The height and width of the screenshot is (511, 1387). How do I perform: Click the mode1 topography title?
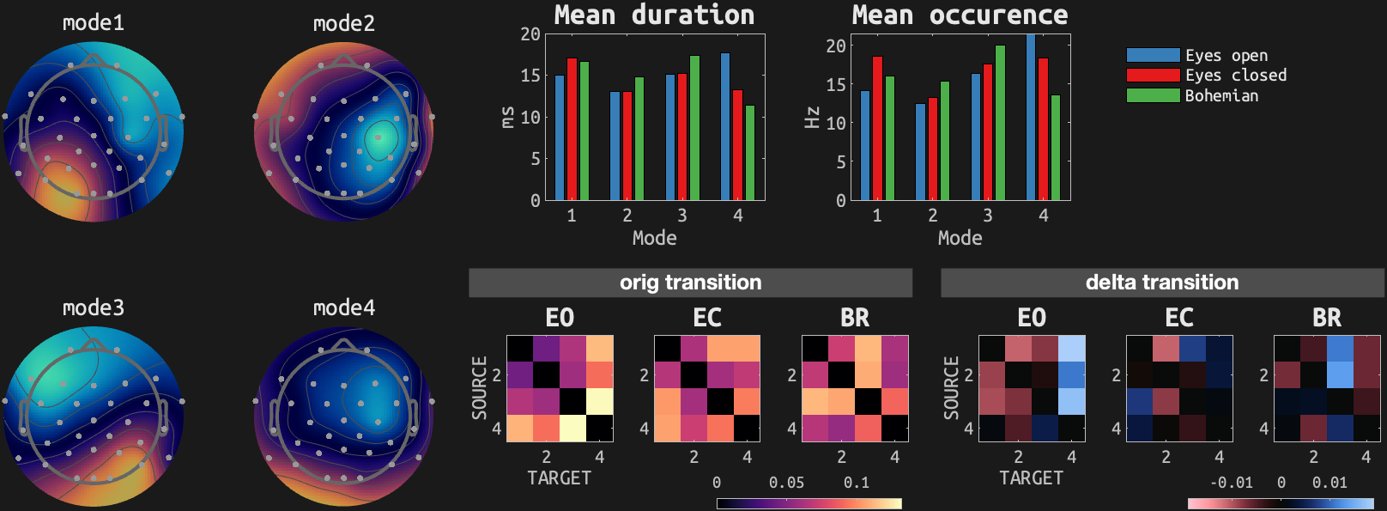coord(93,23)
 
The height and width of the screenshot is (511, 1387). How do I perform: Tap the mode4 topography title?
coord(343,307)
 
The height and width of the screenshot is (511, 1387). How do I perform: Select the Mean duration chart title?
coord(654,15)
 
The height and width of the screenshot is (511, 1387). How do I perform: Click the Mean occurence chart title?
coord(960,15)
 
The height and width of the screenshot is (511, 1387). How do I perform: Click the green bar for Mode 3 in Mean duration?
coord(694,128)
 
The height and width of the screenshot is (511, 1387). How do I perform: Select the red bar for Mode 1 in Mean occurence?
coord(877,128)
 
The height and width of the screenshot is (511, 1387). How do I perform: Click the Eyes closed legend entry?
coord(1235,76)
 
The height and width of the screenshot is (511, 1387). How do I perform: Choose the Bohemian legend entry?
coord(1221,96)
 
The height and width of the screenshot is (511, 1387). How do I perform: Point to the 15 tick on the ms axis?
coord(530,76)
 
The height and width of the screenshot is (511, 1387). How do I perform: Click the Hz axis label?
coord(812,118)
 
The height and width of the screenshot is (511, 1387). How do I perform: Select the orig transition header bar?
coord(690,283)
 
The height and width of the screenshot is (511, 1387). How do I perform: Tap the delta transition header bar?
coord(1162,283)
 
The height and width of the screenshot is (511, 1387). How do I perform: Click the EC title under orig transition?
coord(707,318)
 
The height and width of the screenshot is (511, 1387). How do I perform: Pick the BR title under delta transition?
coord(1326,318)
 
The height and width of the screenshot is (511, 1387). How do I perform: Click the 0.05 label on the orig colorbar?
coord(786,483)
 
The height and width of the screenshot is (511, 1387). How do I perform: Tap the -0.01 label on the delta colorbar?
coord(1231,483)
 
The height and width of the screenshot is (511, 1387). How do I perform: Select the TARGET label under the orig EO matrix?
coord(559,478)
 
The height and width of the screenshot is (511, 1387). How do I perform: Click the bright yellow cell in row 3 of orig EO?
coord(600,401)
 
